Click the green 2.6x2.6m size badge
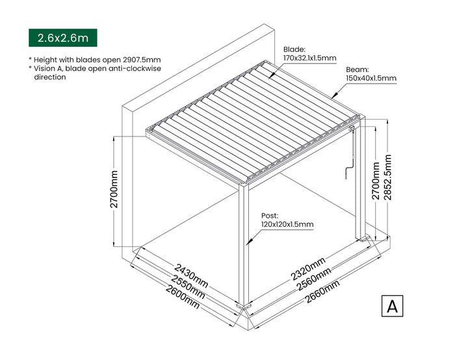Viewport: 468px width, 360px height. coord(62,38)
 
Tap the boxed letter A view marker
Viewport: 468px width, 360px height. coord(392,306)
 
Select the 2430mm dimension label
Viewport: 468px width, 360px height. coord(191,276)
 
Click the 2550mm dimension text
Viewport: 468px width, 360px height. coord(188,287)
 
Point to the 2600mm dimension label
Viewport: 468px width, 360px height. coord(183,296)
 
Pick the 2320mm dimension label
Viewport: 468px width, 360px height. coord(308,269)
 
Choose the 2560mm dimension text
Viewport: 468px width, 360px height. coord(314,279)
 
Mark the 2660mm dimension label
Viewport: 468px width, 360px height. coord(322,291)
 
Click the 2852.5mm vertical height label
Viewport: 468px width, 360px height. coord(387,177)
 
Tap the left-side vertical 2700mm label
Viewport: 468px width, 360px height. coord(114,189)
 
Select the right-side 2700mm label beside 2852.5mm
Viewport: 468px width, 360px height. coord(376,181)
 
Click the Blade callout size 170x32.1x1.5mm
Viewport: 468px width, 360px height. coord(310,58)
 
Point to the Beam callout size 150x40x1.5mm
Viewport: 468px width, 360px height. coord(371,78)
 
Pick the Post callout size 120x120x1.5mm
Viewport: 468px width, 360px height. coord(287,224)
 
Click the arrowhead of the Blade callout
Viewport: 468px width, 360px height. coord(271,76)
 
